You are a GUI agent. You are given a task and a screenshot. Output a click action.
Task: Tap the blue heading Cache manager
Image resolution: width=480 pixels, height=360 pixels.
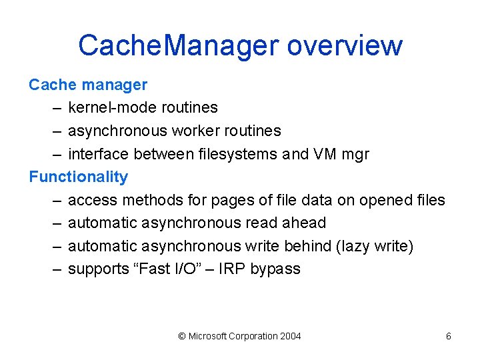(88, 85)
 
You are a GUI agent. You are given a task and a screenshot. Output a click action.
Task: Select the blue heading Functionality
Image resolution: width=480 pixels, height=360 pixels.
(78, 177)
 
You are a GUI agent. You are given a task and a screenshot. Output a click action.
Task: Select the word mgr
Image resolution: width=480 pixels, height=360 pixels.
(355, 155)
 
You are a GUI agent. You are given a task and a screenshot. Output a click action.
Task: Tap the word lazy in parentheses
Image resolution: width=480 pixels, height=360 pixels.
(357, 247)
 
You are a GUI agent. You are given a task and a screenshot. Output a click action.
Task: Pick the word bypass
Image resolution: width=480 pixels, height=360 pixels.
(275, 269)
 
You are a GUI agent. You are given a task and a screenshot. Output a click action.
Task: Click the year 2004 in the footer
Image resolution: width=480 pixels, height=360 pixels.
(290, 336)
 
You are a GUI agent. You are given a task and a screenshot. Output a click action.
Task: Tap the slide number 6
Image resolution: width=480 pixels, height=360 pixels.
(449, 336)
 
